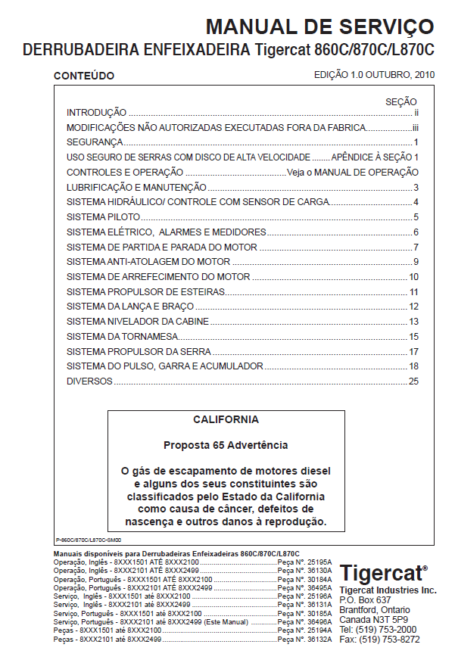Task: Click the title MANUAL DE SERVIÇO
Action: (319, 27)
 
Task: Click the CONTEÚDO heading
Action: (83, 76)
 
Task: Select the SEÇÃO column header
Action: (401, 101)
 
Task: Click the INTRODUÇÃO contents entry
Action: (96, 112)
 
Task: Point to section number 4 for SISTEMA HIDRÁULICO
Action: (416, 202)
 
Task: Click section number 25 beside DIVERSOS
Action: (413, 381)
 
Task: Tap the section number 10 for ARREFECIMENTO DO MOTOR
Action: (413, 276)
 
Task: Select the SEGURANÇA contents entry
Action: (95, 142)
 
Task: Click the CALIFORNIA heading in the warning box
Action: (226, 419)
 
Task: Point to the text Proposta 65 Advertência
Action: (226, 445)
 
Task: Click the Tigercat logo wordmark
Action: (383, 572)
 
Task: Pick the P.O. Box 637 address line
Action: (366, 599)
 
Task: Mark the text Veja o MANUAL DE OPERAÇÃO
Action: (353, 173)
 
